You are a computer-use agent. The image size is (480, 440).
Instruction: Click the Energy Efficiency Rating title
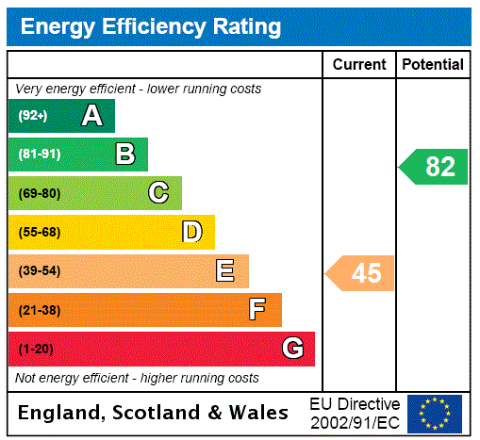[x=150, y=27]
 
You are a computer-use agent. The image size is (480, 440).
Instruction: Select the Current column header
[x=359, y=65]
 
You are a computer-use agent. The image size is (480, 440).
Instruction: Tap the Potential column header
[x=433, y=65]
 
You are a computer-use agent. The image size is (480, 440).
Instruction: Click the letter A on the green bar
[x=91, y=116]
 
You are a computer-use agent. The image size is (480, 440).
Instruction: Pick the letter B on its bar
[x=124, y=155]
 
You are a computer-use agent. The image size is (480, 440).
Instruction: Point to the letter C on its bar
[x=158, y=193]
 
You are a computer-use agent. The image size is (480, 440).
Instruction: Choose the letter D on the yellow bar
[x=191, y=232]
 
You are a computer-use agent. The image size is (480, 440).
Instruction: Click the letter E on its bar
[x=225, y=271]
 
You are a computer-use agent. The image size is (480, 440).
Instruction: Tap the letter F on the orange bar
[x=257, y=310]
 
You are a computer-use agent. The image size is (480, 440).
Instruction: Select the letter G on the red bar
[x=292, y=349]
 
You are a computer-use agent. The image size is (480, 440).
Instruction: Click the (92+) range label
[x=33, y=116]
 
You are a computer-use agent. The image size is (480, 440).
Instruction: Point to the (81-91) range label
[x=39, y=155]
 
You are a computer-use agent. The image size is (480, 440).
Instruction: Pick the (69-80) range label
[x=39, y=193]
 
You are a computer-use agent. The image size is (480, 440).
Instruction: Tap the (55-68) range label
[x=39, y=232]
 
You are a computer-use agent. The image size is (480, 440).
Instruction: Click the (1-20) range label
[x=36, y=349]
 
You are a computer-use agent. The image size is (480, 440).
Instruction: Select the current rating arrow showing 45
[x=360, y=272]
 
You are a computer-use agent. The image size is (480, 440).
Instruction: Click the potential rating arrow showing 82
[x=434, y=167]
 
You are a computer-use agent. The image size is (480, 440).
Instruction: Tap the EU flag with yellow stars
[x=435, y=413]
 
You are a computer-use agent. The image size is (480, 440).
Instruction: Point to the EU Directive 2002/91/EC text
[x=355, y=413]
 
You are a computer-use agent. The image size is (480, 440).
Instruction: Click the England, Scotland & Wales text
[x=153, y=413]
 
